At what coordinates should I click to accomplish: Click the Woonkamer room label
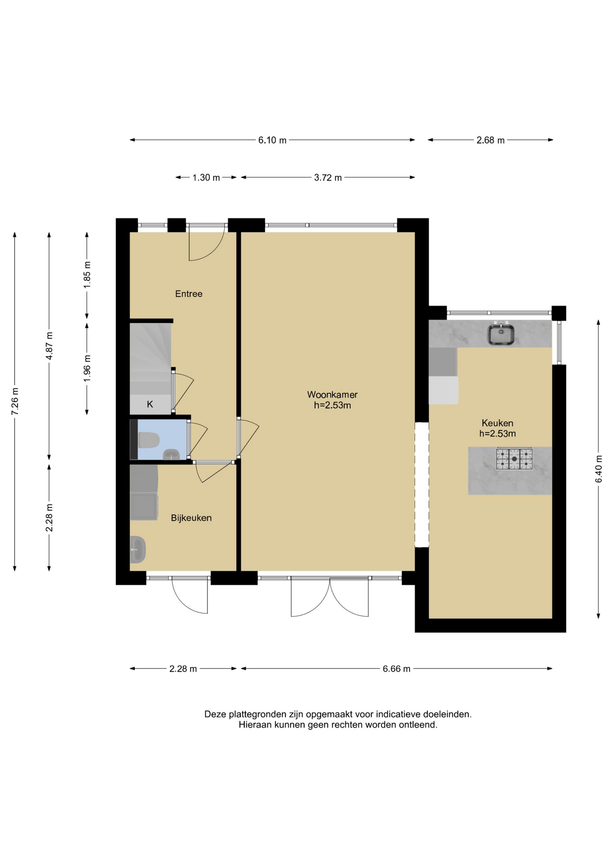click(x=332, y=395)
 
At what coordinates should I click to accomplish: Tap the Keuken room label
click(x=497, y=423)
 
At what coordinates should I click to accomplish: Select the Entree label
click(x=189, y=294)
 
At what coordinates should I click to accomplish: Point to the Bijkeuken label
click(x=191, y=518)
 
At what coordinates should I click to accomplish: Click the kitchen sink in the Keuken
click(x=501, y=334)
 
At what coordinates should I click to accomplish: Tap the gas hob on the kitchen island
click(x=514, y=459)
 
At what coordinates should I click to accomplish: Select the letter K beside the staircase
click(x=150, y=404)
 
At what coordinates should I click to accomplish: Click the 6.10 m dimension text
click(x=272, y=140)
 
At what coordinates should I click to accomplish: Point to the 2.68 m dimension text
click(x=490, y=140)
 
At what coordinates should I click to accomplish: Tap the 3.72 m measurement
click(x=328, y=178)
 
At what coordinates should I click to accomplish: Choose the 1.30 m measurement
click(x=206, y=178)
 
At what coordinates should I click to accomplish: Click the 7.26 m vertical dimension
click(x=15, y=401)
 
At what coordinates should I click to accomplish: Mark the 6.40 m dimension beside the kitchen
click(x=599, y=469)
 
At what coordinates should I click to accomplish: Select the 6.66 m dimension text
click(x=396, y=669)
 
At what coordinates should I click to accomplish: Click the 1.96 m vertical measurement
click(x=87, y=368)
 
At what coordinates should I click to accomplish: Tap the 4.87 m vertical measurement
click(x=49, y=345)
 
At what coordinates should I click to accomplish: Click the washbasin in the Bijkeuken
click(x=137, y=549)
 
